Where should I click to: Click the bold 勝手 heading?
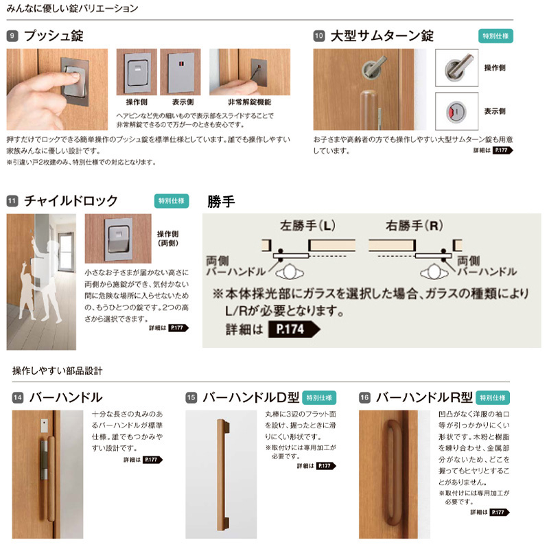[x=221, y=201]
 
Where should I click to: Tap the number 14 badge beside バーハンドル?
[x=18, y=397]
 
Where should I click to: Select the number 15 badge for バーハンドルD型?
[x=191, y=397]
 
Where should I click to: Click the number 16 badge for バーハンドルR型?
[x=364, y=397]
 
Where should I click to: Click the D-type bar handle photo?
[x=221, y=474]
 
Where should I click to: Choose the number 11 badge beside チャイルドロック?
[x=12, y=201]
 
